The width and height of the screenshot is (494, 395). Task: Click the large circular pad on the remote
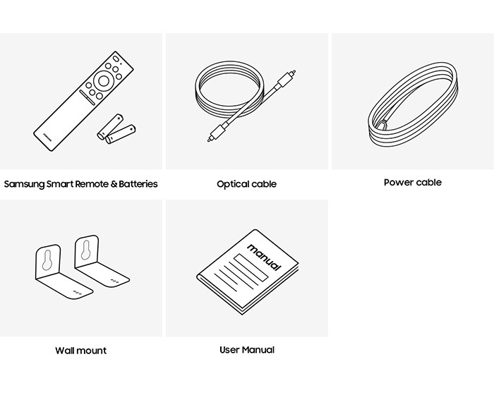(103, 81)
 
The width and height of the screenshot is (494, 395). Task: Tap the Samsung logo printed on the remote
(47, 138)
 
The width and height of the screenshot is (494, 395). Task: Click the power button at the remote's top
(116, 59)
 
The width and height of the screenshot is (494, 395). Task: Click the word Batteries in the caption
(138, 183)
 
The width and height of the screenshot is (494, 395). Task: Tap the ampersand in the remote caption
(114, 184)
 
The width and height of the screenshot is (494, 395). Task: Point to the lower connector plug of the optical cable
(218, 133)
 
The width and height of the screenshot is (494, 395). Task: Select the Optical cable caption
(247, 184)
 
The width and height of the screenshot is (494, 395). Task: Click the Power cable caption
(413, 183)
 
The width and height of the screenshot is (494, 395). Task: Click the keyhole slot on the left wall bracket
(47, 260)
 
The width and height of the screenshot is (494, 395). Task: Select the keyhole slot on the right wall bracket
(86, 250)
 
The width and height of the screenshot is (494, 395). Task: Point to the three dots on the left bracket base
(78, 293)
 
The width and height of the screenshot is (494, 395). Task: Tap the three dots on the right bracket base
(114, 280)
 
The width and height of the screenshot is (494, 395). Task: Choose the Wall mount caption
(81, 351)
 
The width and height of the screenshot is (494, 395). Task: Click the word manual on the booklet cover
(264, 257)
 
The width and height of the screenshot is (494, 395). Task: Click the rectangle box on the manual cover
(251, 267)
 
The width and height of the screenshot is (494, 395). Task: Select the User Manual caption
(247, 350)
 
